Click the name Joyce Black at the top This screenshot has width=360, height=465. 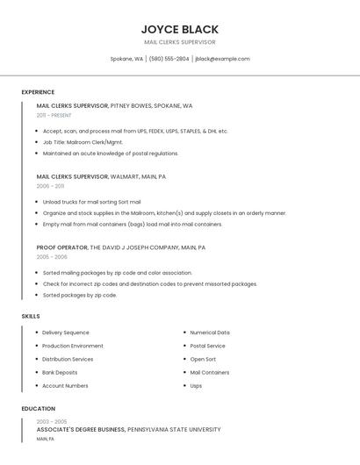click(179, 29)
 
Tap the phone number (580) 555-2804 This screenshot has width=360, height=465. click(169, 59)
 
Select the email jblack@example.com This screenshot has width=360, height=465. click(222, 59)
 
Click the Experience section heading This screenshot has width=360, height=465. click(38, 92)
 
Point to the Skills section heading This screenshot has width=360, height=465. click(31, 316)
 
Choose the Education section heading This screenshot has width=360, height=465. click(38, 409)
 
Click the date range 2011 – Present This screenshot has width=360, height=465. click(54, 115)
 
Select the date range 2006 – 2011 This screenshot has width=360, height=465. click(50, 186)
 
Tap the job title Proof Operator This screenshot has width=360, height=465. click(62, 247)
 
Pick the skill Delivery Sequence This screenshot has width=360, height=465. click(65, 333)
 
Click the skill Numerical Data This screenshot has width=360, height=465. click(210, 333)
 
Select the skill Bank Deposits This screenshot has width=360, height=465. click(60, 372)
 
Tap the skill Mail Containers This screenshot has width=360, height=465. click(210, 372)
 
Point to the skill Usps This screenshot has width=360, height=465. click(196, 385)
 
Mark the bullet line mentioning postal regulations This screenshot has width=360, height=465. click(111, 154)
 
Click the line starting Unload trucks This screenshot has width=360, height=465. click(91, 202)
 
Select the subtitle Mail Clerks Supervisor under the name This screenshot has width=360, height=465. click(179, 42)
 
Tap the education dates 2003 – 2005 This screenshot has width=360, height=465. click(51, 421)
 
